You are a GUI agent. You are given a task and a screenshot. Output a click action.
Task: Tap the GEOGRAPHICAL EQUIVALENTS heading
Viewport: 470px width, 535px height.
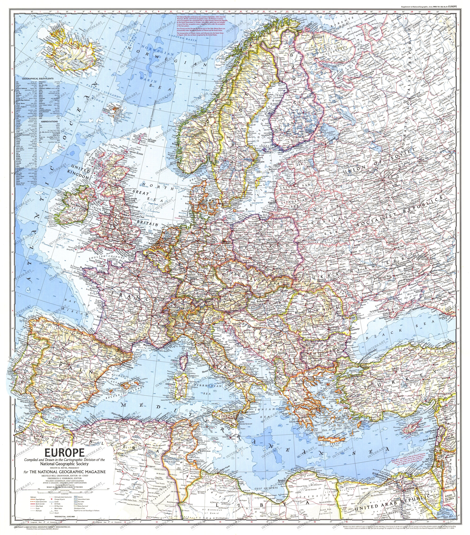coord(38,79)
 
